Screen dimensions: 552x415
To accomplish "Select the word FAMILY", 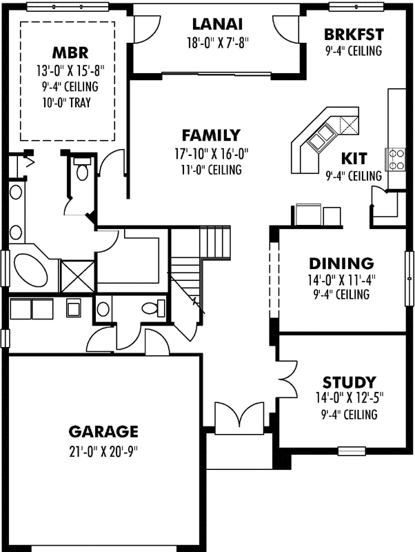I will (211, 135).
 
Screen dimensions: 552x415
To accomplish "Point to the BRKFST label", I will (354, 35).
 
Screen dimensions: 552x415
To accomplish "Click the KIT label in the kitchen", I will (354, 158).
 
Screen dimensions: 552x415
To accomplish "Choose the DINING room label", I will (341, 264).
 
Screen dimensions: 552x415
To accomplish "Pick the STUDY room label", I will (349, 382).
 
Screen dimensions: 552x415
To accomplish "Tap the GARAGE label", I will (103, 432).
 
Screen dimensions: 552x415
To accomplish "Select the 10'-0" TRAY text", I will (67, 103).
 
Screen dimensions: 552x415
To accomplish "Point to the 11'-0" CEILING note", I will (211, 170).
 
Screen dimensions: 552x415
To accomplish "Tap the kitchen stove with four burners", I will (396, 159).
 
